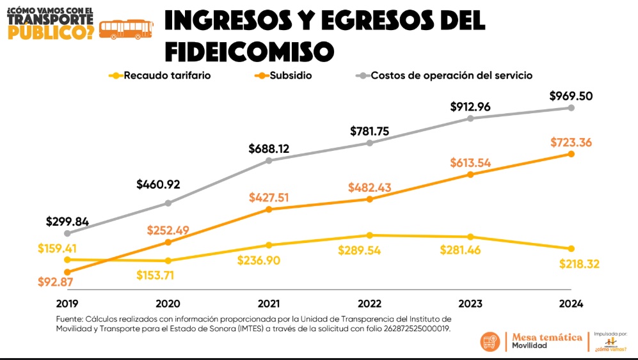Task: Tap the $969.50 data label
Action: pos(571,97)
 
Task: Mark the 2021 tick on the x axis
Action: pos(269,304)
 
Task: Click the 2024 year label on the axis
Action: pos(571,304)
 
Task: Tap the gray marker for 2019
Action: pos(67,233)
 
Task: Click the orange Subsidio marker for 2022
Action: pos(369,200)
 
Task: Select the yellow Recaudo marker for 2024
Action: pos(571,249)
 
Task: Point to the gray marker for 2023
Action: pos(470,118)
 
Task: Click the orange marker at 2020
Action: pos(168,242)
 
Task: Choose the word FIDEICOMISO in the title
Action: pos(250,49)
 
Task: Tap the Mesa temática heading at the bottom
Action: pos(546,337)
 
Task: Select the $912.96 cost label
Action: pos(470,107)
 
